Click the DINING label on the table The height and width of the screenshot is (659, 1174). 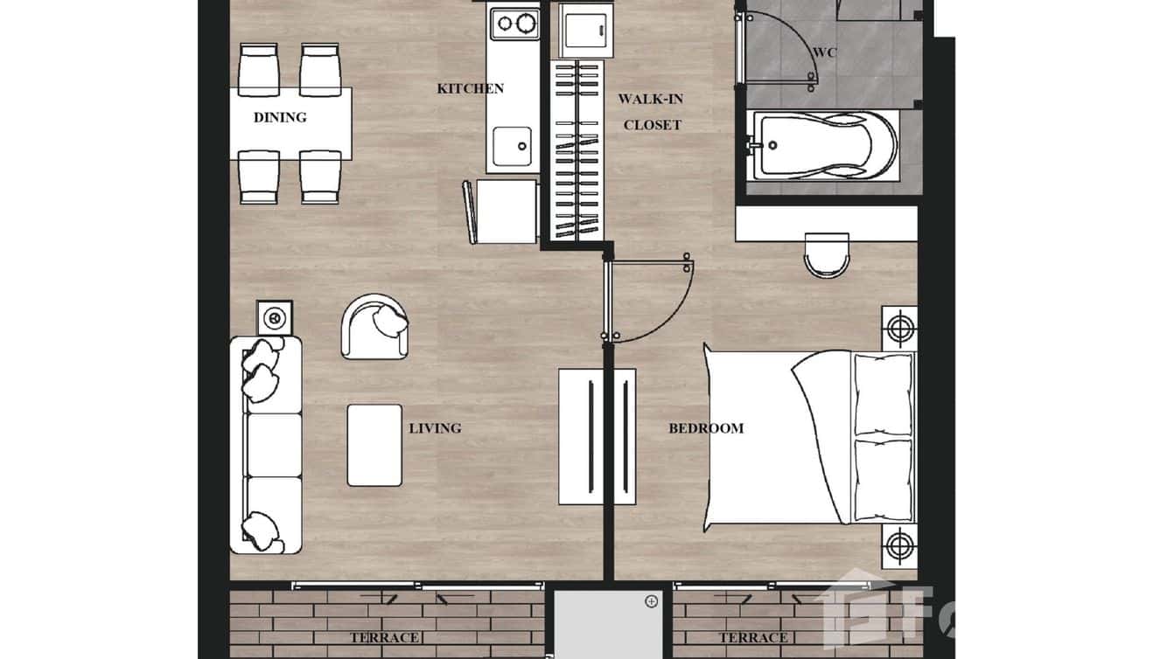280,117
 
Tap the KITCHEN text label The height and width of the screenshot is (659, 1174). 470,88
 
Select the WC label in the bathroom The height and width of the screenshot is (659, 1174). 824,52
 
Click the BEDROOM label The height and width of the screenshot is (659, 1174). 706,428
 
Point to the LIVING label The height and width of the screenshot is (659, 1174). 435,428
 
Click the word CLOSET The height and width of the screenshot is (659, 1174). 652,125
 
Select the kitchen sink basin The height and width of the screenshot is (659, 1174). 512,145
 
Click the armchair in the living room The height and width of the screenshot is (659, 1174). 374,326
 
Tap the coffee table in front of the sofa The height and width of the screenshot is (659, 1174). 374,445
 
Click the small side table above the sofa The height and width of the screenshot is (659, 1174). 275,317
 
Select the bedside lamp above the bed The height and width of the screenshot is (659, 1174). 899,328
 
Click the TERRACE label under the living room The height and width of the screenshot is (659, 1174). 384,637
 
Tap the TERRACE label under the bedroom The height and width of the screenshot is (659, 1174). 753,637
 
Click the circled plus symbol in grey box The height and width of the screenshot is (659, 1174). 651,601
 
